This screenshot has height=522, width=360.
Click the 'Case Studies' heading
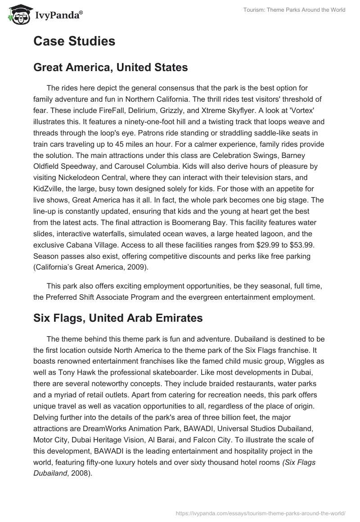[x=74, y=41]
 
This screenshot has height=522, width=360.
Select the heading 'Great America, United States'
[x=110, y=68]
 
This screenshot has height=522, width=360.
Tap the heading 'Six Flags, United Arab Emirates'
[x=118, y=318]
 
